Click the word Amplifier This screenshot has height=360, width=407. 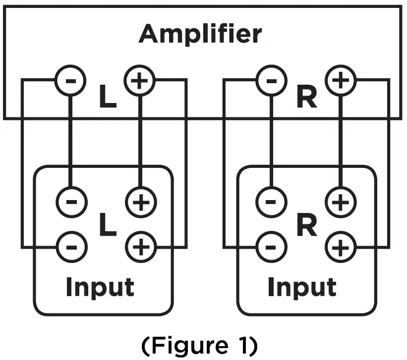200,34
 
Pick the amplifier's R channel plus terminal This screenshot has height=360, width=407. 340,80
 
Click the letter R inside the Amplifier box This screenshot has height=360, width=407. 306,99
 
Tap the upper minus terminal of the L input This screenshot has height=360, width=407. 71,202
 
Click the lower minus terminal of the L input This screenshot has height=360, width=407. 71,245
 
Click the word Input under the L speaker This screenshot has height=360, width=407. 100,287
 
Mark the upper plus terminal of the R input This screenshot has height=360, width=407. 341,202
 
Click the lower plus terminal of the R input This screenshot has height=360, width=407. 341,246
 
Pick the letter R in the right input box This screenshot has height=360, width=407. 307,225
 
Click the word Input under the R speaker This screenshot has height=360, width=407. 301,287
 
